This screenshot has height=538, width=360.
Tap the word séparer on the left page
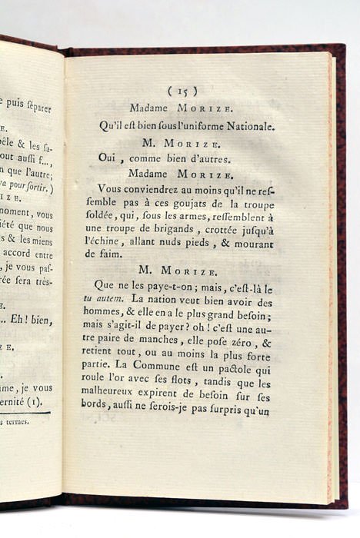(37, 108)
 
